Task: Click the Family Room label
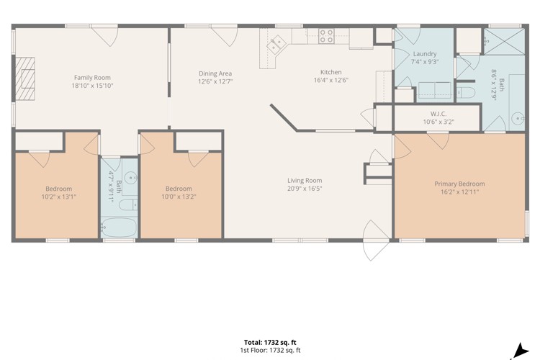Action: pyautogui.click(x=92, y=78)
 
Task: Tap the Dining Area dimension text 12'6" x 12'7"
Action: pyautogui.click(x=215, y=81)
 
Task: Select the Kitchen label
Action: pyautogui.click(x=331, y=72)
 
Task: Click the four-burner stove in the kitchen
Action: pyautogui.click(x=326, y=36)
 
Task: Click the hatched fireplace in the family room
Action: pyautogui.click(x=25, y=78)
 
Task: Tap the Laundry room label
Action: pyautogui.click(x=425, y=54)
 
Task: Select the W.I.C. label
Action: pyautogui.click(x=438, y=114)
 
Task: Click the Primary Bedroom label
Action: pyautogui.click(x=459, y=184)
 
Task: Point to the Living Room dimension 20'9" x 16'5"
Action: pyautogui.click(x=305, y=189)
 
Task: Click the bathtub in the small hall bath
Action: pyautogui.click(x=119, y=227)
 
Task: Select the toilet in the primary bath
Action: pyautogui.click(x=466, y=92)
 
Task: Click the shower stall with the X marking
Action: pyautogui.click(x=504, y=41)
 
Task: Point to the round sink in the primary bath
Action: pyautogui.click(x=518, y=119)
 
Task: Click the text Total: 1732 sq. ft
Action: pyautogui.click(x=270, y=343)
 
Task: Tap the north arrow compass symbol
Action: pyautogui.click(x=521, y=351)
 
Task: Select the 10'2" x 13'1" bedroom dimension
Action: pyautogui.click(x=58, y=197)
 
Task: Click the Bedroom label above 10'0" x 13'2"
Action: pyautogui.click(x=179, y=189)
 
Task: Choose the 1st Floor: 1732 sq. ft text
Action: pyautogui.click(x=270, y=351)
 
